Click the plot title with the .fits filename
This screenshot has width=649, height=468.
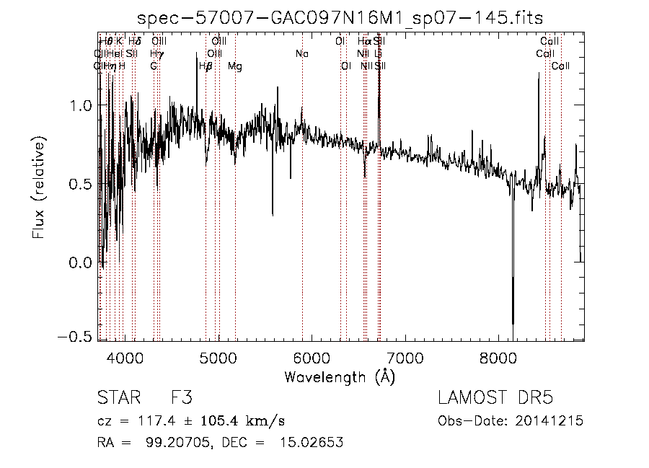pyautogui.click(x=340, y=17)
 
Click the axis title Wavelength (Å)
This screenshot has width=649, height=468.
pyautogui.click(x=340, y=376)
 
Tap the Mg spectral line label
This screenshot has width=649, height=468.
pyautogui.click(x=235, y=66)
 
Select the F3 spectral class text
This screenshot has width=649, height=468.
pyautogui.click(x=180, y=398)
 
